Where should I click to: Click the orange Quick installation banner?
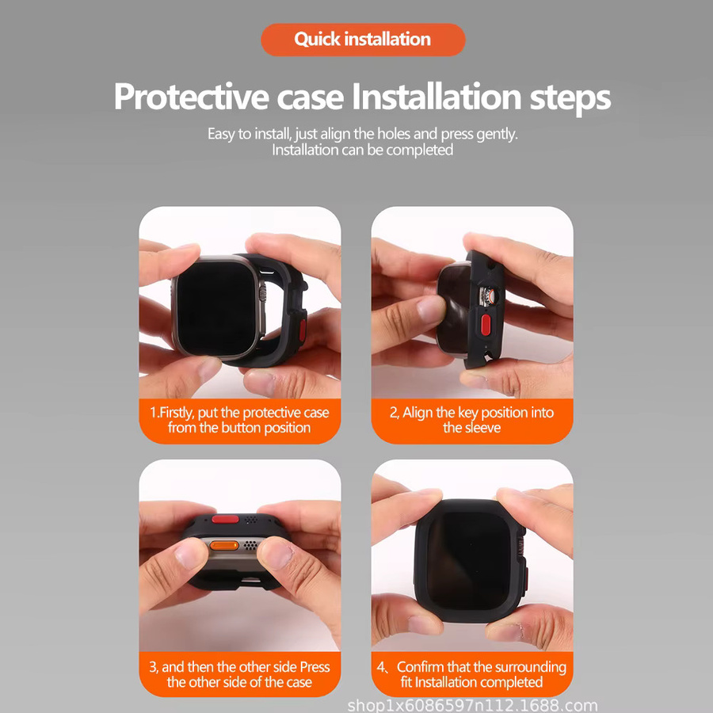363,40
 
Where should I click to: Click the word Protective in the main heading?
191,97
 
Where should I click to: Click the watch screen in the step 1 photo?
215,308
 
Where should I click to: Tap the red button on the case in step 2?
485,325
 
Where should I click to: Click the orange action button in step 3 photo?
224,546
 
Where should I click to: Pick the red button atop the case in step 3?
226,519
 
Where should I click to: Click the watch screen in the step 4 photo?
468,561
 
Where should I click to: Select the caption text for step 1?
239,420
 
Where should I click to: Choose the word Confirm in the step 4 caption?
420,667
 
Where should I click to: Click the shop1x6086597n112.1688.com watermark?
472,705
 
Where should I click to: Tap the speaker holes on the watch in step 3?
250,545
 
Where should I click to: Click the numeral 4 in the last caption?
380,667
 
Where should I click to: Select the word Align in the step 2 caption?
418,413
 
